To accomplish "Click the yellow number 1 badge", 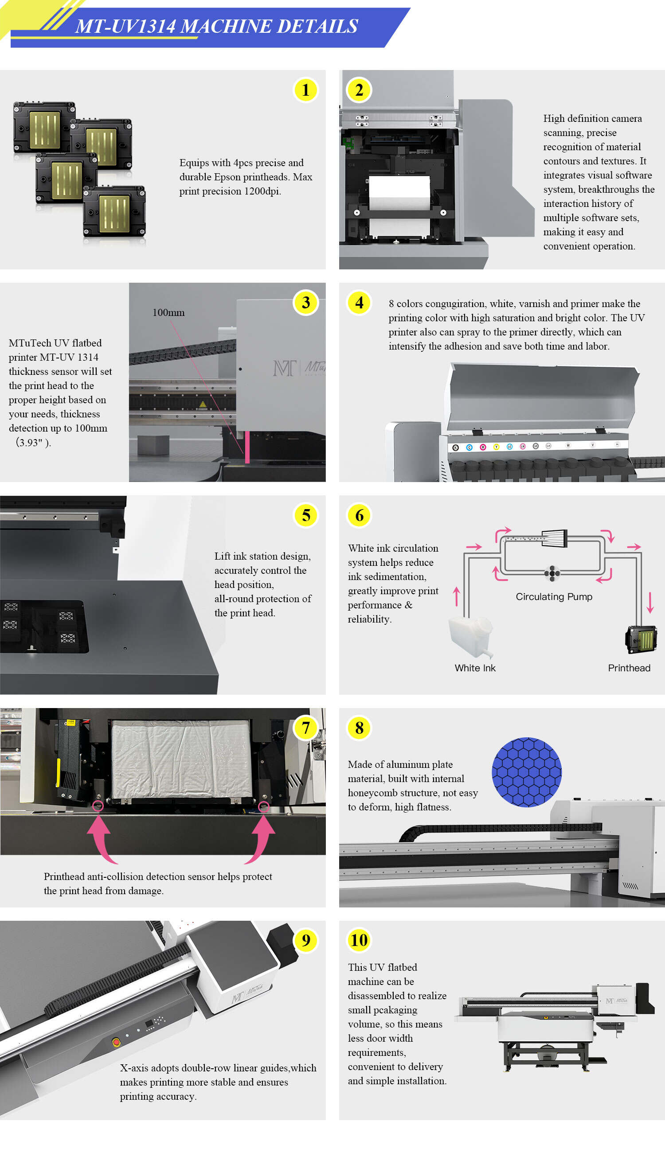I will [x=305, y=90].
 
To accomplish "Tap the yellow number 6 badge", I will [x=360, y=515].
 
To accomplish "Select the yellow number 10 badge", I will [x=359, y=940].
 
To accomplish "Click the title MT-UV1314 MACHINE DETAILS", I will [x=216, y=27].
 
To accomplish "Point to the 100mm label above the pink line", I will [x=168, y=313].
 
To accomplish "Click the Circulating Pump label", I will [x=554, y=596].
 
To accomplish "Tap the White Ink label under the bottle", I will [x=474, y=668].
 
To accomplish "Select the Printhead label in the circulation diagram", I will [x=629, y=668].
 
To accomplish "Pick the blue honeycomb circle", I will [x=526, y=772].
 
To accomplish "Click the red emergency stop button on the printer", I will [x=116, y=1042].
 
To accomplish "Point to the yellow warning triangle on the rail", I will [x=202, y=405].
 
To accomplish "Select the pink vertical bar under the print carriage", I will [x=247, y=447].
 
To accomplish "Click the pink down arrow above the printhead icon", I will [x=650, y=603].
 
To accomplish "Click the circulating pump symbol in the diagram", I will [x=552, y=573].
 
